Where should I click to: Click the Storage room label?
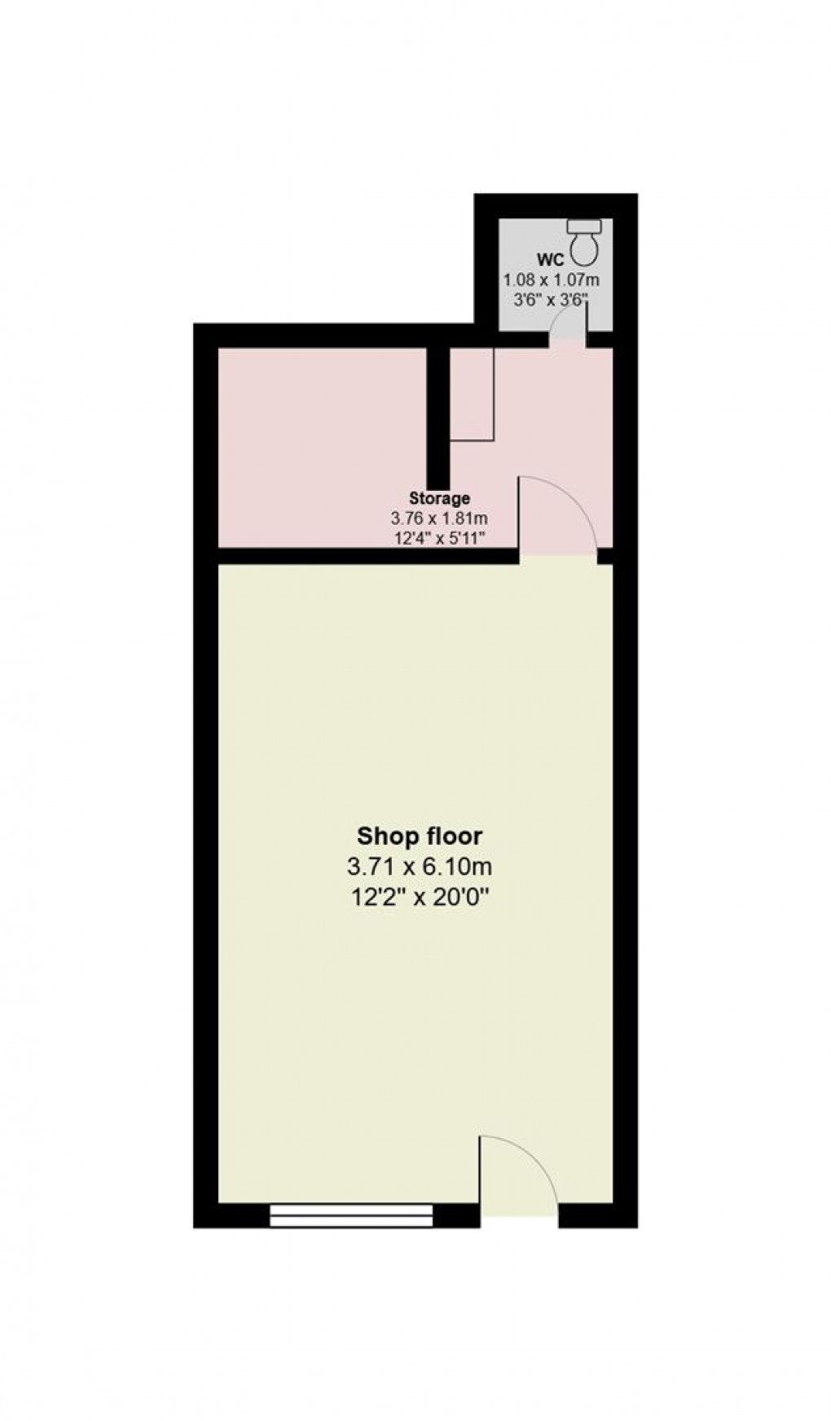439,498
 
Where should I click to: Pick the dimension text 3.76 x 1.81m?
439,518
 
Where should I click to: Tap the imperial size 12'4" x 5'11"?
439,537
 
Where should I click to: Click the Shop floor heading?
420,836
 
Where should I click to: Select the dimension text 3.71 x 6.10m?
420,866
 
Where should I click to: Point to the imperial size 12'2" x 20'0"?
420,897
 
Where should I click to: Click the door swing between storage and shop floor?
557,514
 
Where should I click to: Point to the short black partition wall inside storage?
439,417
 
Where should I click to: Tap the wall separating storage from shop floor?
367,557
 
